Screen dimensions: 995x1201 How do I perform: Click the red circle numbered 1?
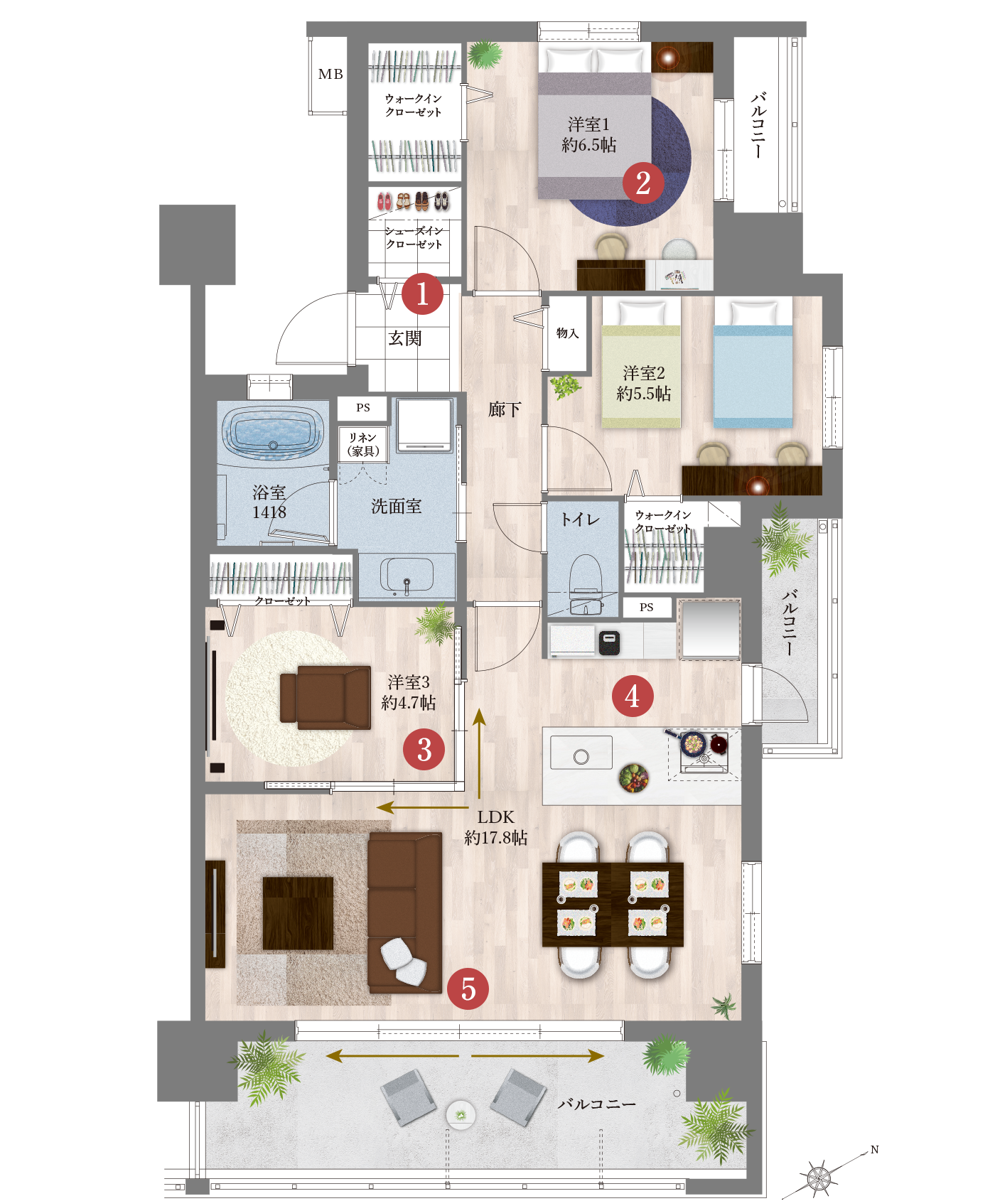422,293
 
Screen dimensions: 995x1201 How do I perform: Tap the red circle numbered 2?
643,183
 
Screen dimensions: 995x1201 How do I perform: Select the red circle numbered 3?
424,749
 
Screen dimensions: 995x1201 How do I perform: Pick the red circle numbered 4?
633,696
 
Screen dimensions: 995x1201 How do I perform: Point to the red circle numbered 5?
468,989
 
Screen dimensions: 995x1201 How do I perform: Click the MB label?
330,74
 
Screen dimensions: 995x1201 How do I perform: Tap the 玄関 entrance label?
405,338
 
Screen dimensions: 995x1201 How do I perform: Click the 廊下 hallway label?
505,409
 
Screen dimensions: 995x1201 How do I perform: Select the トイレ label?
580,519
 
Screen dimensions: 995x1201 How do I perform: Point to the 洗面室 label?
397,506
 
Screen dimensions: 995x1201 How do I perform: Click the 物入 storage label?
567,333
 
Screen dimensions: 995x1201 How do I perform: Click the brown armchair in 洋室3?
326,698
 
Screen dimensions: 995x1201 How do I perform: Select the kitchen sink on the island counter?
581,753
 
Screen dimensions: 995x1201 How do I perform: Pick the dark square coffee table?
298,913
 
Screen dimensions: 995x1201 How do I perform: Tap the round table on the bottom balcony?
461,1114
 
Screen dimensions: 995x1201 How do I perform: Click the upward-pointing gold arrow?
480,753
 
